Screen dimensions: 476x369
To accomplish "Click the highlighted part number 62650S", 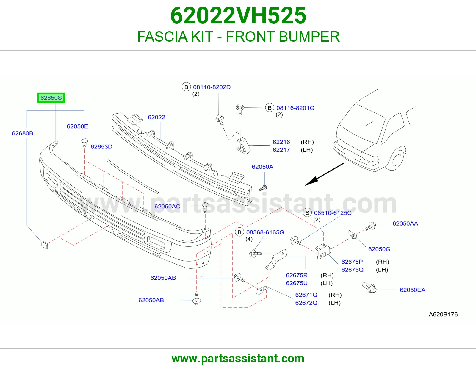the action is point(51,98).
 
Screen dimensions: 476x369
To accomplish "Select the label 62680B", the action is point(23,133).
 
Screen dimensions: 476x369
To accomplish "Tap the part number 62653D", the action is point(101,147).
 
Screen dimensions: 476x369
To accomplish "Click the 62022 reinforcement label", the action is point(156,117).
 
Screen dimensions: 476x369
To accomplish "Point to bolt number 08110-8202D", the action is point(212,87).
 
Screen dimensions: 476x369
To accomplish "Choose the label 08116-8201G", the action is point(295,108).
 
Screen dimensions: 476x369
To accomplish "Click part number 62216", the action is point(281,142).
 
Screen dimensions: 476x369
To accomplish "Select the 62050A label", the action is point(262,167).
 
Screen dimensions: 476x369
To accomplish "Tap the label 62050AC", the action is point(167,207).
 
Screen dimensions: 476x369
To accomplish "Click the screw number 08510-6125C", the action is point(333,213).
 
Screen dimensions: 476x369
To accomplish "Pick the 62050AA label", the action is point(405,223).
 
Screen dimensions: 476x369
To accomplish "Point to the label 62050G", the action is point(379,249).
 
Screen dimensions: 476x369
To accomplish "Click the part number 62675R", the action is point(297,275).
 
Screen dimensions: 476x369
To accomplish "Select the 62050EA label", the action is point(412,290).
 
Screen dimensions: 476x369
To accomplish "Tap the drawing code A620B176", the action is point(443,315).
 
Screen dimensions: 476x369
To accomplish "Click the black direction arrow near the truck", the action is point(324,174).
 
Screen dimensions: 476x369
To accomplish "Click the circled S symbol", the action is point(307,213).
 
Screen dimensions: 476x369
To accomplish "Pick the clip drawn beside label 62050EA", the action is point(369,287).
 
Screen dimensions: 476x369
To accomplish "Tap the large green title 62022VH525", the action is point(238,15).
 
